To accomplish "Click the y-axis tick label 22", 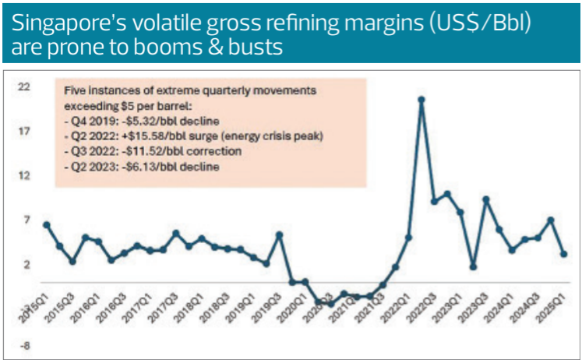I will pos(24,86).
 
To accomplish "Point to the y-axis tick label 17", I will pos(24,131).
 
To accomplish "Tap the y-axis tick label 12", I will pos(24,175).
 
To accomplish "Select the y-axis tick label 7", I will pos(26,220).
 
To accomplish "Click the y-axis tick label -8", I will pos(24,347).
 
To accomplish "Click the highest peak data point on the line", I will pos(422,99).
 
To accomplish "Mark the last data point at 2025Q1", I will pos(563,253).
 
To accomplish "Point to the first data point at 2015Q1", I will pos(46,224).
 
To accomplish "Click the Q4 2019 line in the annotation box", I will pos(141,121).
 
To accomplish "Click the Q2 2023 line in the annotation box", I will pos(141,168).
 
